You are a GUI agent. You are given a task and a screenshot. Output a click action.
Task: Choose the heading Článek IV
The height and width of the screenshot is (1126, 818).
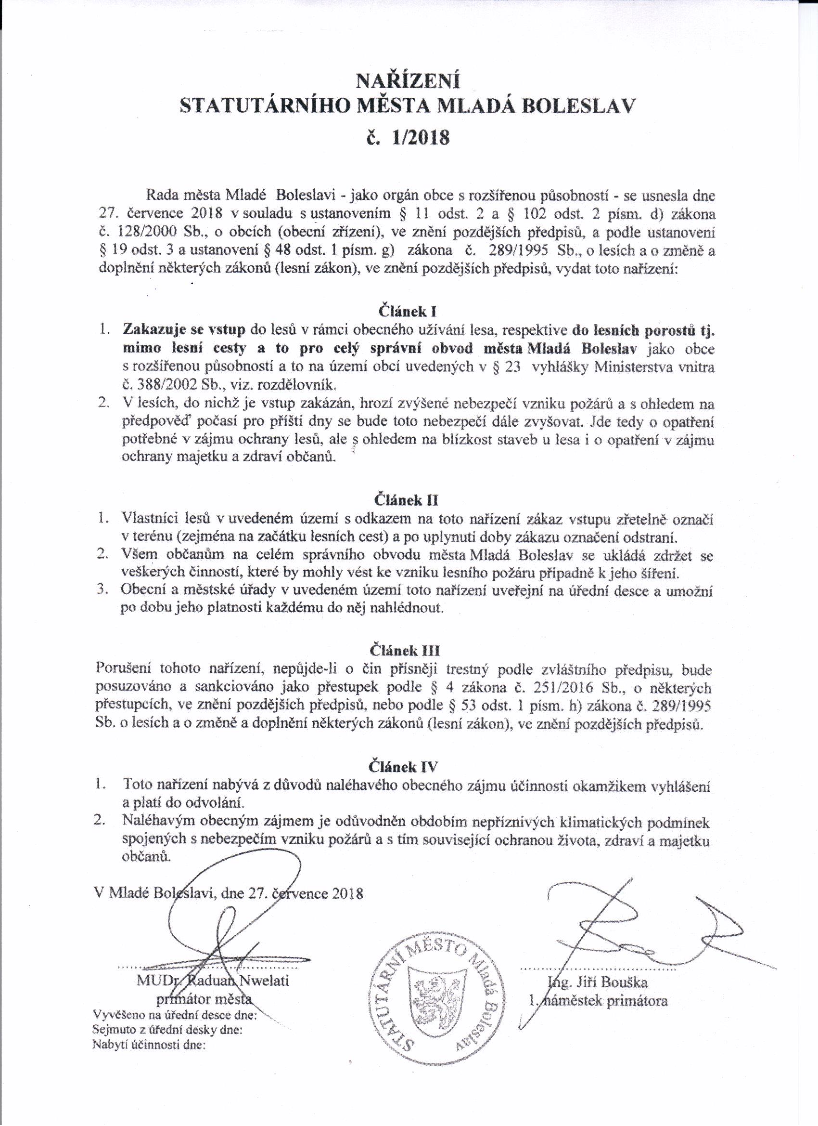coord(404,766)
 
